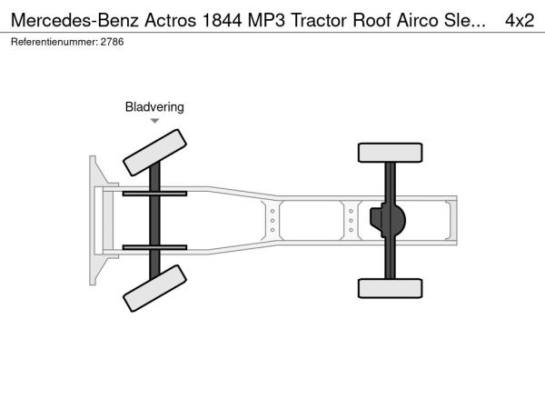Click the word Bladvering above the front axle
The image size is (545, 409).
pyautogui.click(x=154, y=106)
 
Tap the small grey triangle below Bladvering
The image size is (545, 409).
pyautogui.click(x=154, y=121)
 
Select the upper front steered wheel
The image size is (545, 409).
pyautogui.click(x=154, y=153)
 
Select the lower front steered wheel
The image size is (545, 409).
pyautogui.click(x=154, y=288)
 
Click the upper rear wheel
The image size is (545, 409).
pyautogui.click(x=390, y=153)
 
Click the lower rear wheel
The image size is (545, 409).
pyautogui.click(x=390, y=288)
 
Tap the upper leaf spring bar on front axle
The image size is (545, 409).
pyautogui.click(x=154, y=194)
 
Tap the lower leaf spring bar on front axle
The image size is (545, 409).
pyautogui.click(x=154, y=247)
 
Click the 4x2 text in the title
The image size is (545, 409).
pyautogui.click(x=520, y=21)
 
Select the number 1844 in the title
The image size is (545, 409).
pyautogui.click(x=222, y=21)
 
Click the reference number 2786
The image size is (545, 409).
pyautogui.click(x=112, y=42)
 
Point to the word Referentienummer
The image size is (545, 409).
pyautogui.click(x=54, y=42)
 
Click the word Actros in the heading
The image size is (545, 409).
pyautogui.click(x=171, y=21)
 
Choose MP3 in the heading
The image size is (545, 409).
pyautogui.click(x=266, y=21)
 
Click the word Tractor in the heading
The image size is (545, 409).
pyautogui.click(x=319, y=21)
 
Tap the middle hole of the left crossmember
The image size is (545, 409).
pyautogui.click(x=272, y=221)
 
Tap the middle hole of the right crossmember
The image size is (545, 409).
pyautogui.click(x=351, y=221)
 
